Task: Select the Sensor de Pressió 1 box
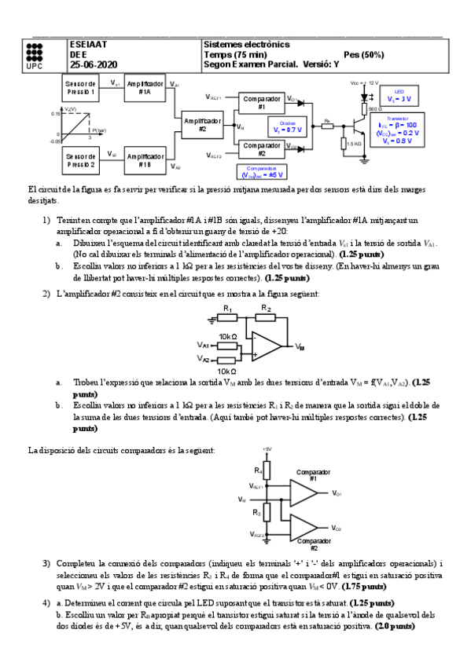click(x=81, y=87)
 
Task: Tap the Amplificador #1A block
click(x=145, y=87)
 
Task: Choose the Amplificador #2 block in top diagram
click(x=202, y=123)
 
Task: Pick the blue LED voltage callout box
click(x=399, y=95)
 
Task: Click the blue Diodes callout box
click(x=287, y=126)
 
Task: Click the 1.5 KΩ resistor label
click(x=354, y=144)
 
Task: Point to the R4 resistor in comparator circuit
click(x=267, y=470)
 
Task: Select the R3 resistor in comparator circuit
click(x=267, y=513)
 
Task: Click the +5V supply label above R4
click(x=267, y=449)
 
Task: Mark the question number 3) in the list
click(x=46, y=563)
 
